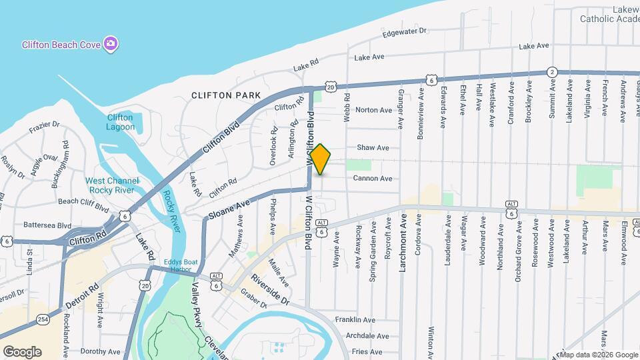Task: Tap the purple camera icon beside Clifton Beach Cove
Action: pyautogui.click(x=111, y=44)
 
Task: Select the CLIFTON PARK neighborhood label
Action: pyautogui.click(x=226, y=95)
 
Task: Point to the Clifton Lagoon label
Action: pyautogui.click(x=120, y=122)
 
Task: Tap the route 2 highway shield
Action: pyautogui.click(x=552, y=71)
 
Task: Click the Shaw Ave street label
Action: pyautogui.click(x=373, y=147)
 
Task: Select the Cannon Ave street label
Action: pyautogui.click(x=373, y=178)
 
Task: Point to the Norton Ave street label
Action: pyautogui.click(x=374, y=110)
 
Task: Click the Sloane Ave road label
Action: pyautogui.click(x=229, y=209)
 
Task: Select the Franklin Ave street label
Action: pyautogui.click(x=355, y=320)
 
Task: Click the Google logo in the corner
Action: pyautogui.click(x=22, y=351)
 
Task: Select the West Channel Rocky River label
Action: pyautogui.click(x=112, y=185)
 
